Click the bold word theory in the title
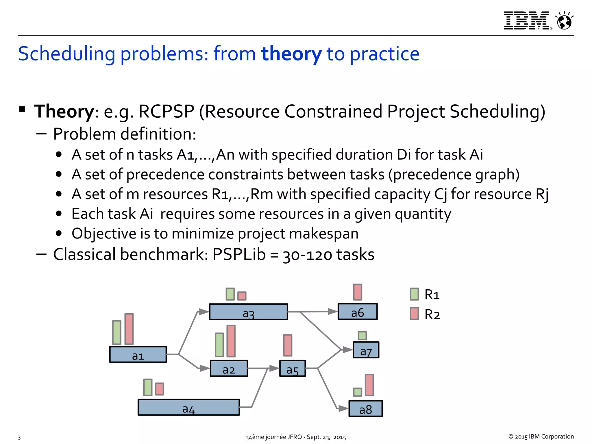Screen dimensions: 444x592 (291, 54)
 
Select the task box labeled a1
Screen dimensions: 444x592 (138, 354)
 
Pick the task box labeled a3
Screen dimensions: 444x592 (248, 312)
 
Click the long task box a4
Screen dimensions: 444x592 (188, 407)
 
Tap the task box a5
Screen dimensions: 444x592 (292, 368)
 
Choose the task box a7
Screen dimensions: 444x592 (366, 350)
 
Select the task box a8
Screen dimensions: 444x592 (365, 408)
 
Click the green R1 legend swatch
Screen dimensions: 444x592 (414, 294)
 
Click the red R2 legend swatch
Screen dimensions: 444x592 (414, 314)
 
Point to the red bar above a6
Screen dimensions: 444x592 (358, 292)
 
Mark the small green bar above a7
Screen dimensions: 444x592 (362, 336)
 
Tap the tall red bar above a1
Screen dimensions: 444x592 (129, 329)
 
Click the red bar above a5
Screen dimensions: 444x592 (288, 345)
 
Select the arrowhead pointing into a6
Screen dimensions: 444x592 (332, 312)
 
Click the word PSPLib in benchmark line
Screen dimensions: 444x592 (239, 255)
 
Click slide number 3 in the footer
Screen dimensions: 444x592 (19, 437)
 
